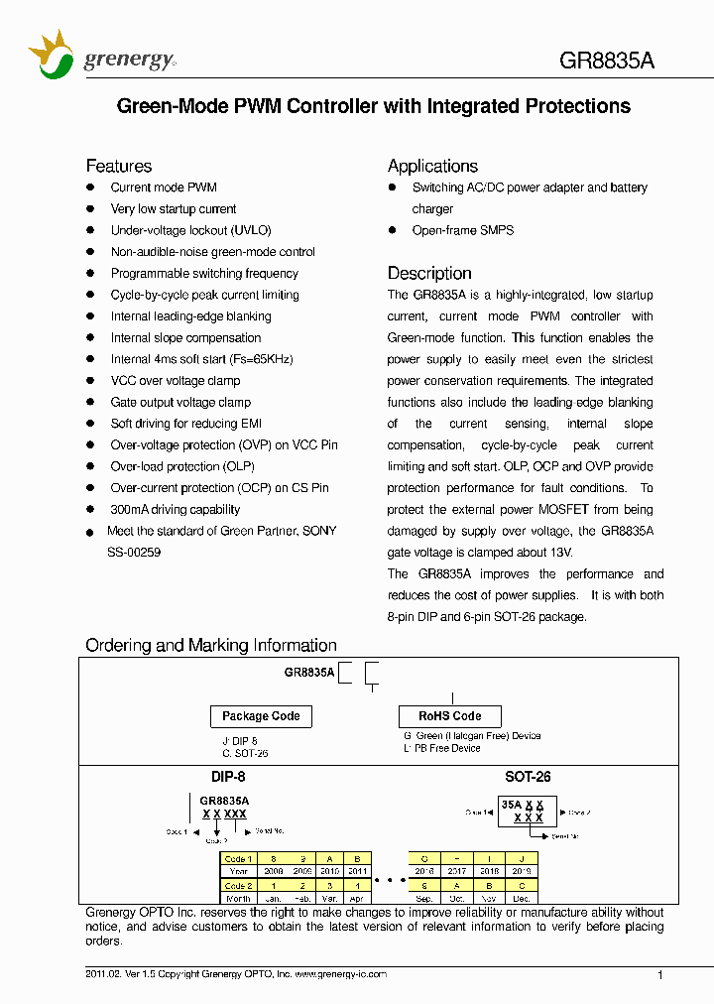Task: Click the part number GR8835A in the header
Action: click(x=607, y=60)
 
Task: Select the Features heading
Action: click(x=118, y=166)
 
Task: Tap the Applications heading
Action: click(x=432, y=166)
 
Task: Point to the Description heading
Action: click(x=429, y=273)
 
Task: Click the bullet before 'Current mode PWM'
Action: click(x=90, y=188)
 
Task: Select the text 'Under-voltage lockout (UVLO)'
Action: click(x=190, y=230)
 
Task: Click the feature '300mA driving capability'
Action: click(x=176, y=510)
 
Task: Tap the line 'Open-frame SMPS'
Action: click(x=463, y=230)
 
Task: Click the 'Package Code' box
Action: click(x=261, y=716)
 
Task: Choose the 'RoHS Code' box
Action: click(x=449, y=716)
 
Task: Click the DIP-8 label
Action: click(x=228, y=778)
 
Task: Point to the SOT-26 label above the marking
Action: click(x=528, y=778)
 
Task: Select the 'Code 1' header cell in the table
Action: click(x=238, y=858)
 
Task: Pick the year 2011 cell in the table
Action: click(x=357, y=871)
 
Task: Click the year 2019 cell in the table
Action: click(x=523, y=871)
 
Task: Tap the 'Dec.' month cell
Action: click(x=523, y=898)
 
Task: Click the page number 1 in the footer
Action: click(x=661, y=976)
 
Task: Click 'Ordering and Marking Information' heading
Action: click(x=210, y=646)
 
